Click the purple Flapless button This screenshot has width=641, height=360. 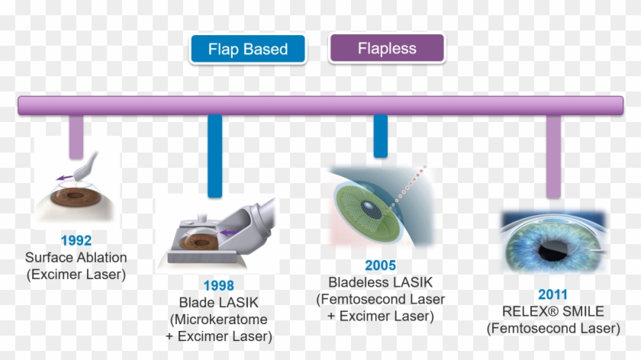click(386, 48)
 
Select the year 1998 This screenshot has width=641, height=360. click(218, 285)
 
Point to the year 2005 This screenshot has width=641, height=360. click(380, 265)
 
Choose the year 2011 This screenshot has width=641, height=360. click(553, 295)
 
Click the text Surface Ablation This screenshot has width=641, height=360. click(76, 258)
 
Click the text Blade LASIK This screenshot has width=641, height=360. click(218, 302)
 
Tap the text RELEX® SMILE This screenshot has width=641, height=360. click(553, 312)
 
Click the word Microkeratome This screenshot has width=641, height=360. click(222, 319)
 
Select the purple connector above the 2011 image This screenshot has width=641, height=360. click(554, 156)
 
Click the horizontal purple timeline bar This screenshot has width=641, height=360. click(320, 105)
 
